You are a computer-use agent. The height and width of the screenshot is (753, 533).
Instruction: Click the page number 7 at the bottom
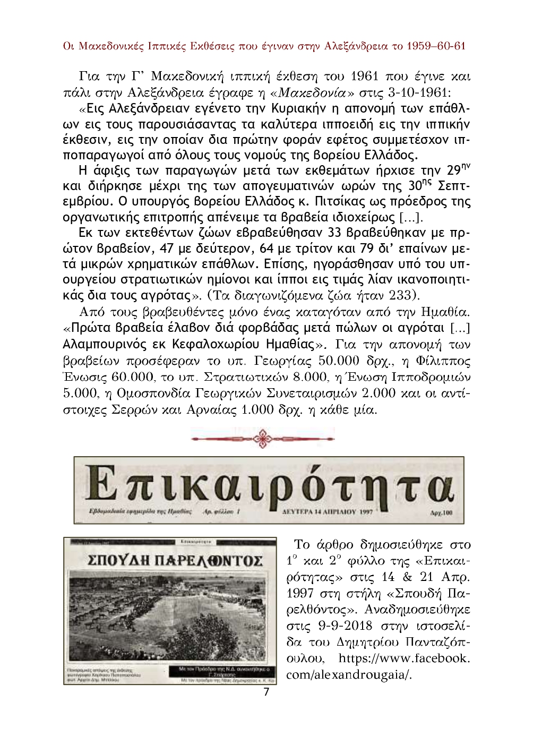[266, 692]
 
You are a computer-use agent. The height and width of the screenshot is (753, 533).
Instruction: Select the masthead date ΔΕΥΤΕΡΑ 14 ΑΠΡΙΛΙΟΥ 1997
[325, 513]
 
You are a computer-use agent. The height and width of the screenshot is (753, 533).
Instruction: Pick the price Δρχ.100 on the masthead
[442, 514]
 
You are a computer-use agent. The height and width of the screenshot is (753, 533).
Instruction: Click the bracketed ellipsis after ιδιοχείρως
[411, 217]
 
